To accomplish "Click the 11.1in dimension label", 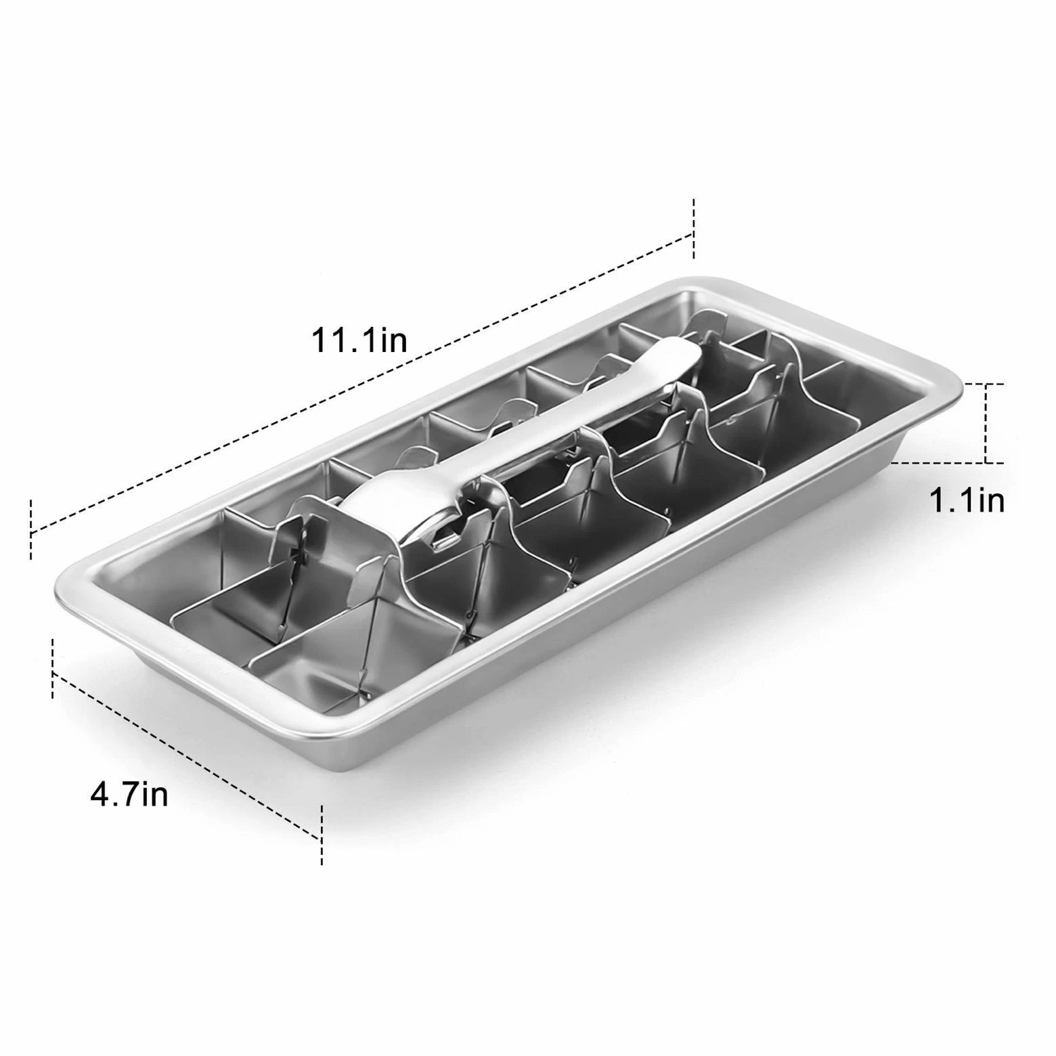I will click(x=359, y=340).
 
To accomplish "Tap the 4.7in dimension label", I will click(x=129, y=794).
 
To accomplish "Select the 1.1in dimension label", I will click(x=966, y=502).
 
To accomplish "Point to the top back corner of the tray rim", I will click(x=697, y=280).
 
